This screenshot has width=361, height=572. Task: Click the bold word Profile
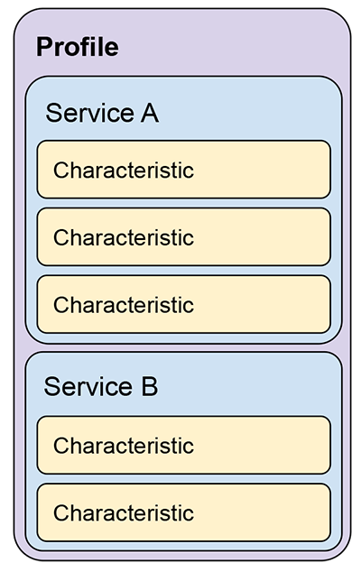[78, 47]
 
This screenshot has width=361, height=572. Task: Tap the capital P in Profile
[44, 47]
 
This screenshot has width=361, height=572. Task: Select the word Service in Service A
[89, 113]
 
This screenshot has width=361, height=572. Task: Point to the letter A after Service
[150, 113]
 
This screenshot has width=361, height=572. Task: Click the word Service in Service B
[88, 386]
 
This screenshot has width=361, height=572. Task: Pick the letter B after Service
[150, 386]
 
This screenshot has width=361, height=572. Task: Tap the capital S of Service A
[53, 113]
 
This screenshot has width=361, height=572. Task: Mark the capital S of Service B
[51, 386]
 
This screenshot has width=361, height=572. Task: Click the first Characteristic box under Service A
[183, 170]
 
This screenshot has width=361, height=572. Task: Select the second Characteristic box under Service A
[183, 237]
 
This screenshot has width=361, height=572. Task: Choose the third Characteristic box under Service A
[183, 304]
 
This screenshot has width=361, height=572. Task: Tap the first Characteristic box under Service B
[183, 445]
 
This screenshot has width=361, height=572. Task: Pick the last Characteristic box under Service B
[183, 512]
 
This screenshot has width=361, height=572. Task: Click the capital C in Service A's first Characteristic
[60, 171]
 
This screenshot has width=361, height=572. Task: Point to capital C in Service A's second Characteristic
[60, 238]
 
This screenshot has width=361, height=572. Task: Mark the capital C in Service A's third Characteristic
[60, 305]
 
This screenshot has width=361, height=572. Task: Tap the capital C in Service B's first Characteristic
[60, 446]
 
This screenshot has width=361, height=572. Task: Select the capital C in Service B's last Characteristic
[60, 513]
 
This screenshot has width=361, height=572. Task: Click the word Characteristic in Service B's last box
[124, 512]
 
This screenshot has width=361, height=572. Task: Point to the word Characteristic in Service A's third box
[124, 305]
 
